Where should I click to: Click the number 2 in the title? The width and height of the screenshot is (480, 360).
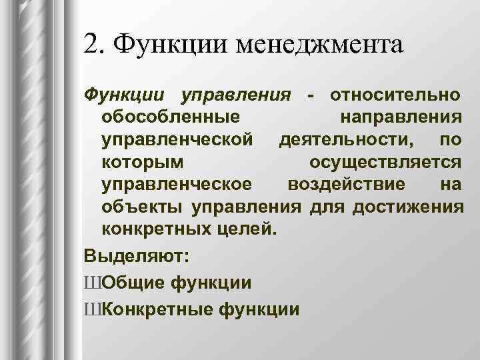point(92,45)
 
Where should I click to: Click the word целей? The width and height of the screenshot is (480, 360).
point(241,231)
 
